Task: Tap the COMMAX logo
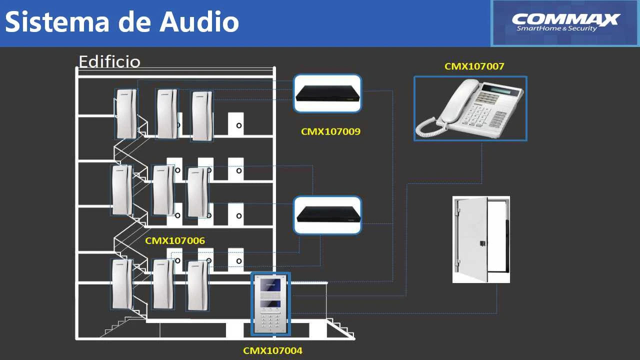(565, 22)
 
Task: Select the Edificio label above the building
(109, 61)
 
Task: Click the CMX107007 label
(474, 66)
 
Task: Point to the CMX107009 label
(330, 132)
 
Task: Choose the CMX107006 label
(175, 240)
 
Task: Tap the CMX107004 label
(272, 350)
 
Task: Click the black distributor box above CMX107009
(327, 93)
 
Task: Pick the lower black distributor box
(327, 215)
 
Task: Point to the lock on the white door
(482, 243)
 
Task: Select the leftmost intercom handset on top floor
(126, 114)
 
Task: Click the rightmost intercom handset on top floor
(202, 116)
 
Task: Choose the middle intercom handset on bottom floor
(163, 284)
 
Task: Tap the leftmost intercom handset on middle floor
(122, 190)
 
